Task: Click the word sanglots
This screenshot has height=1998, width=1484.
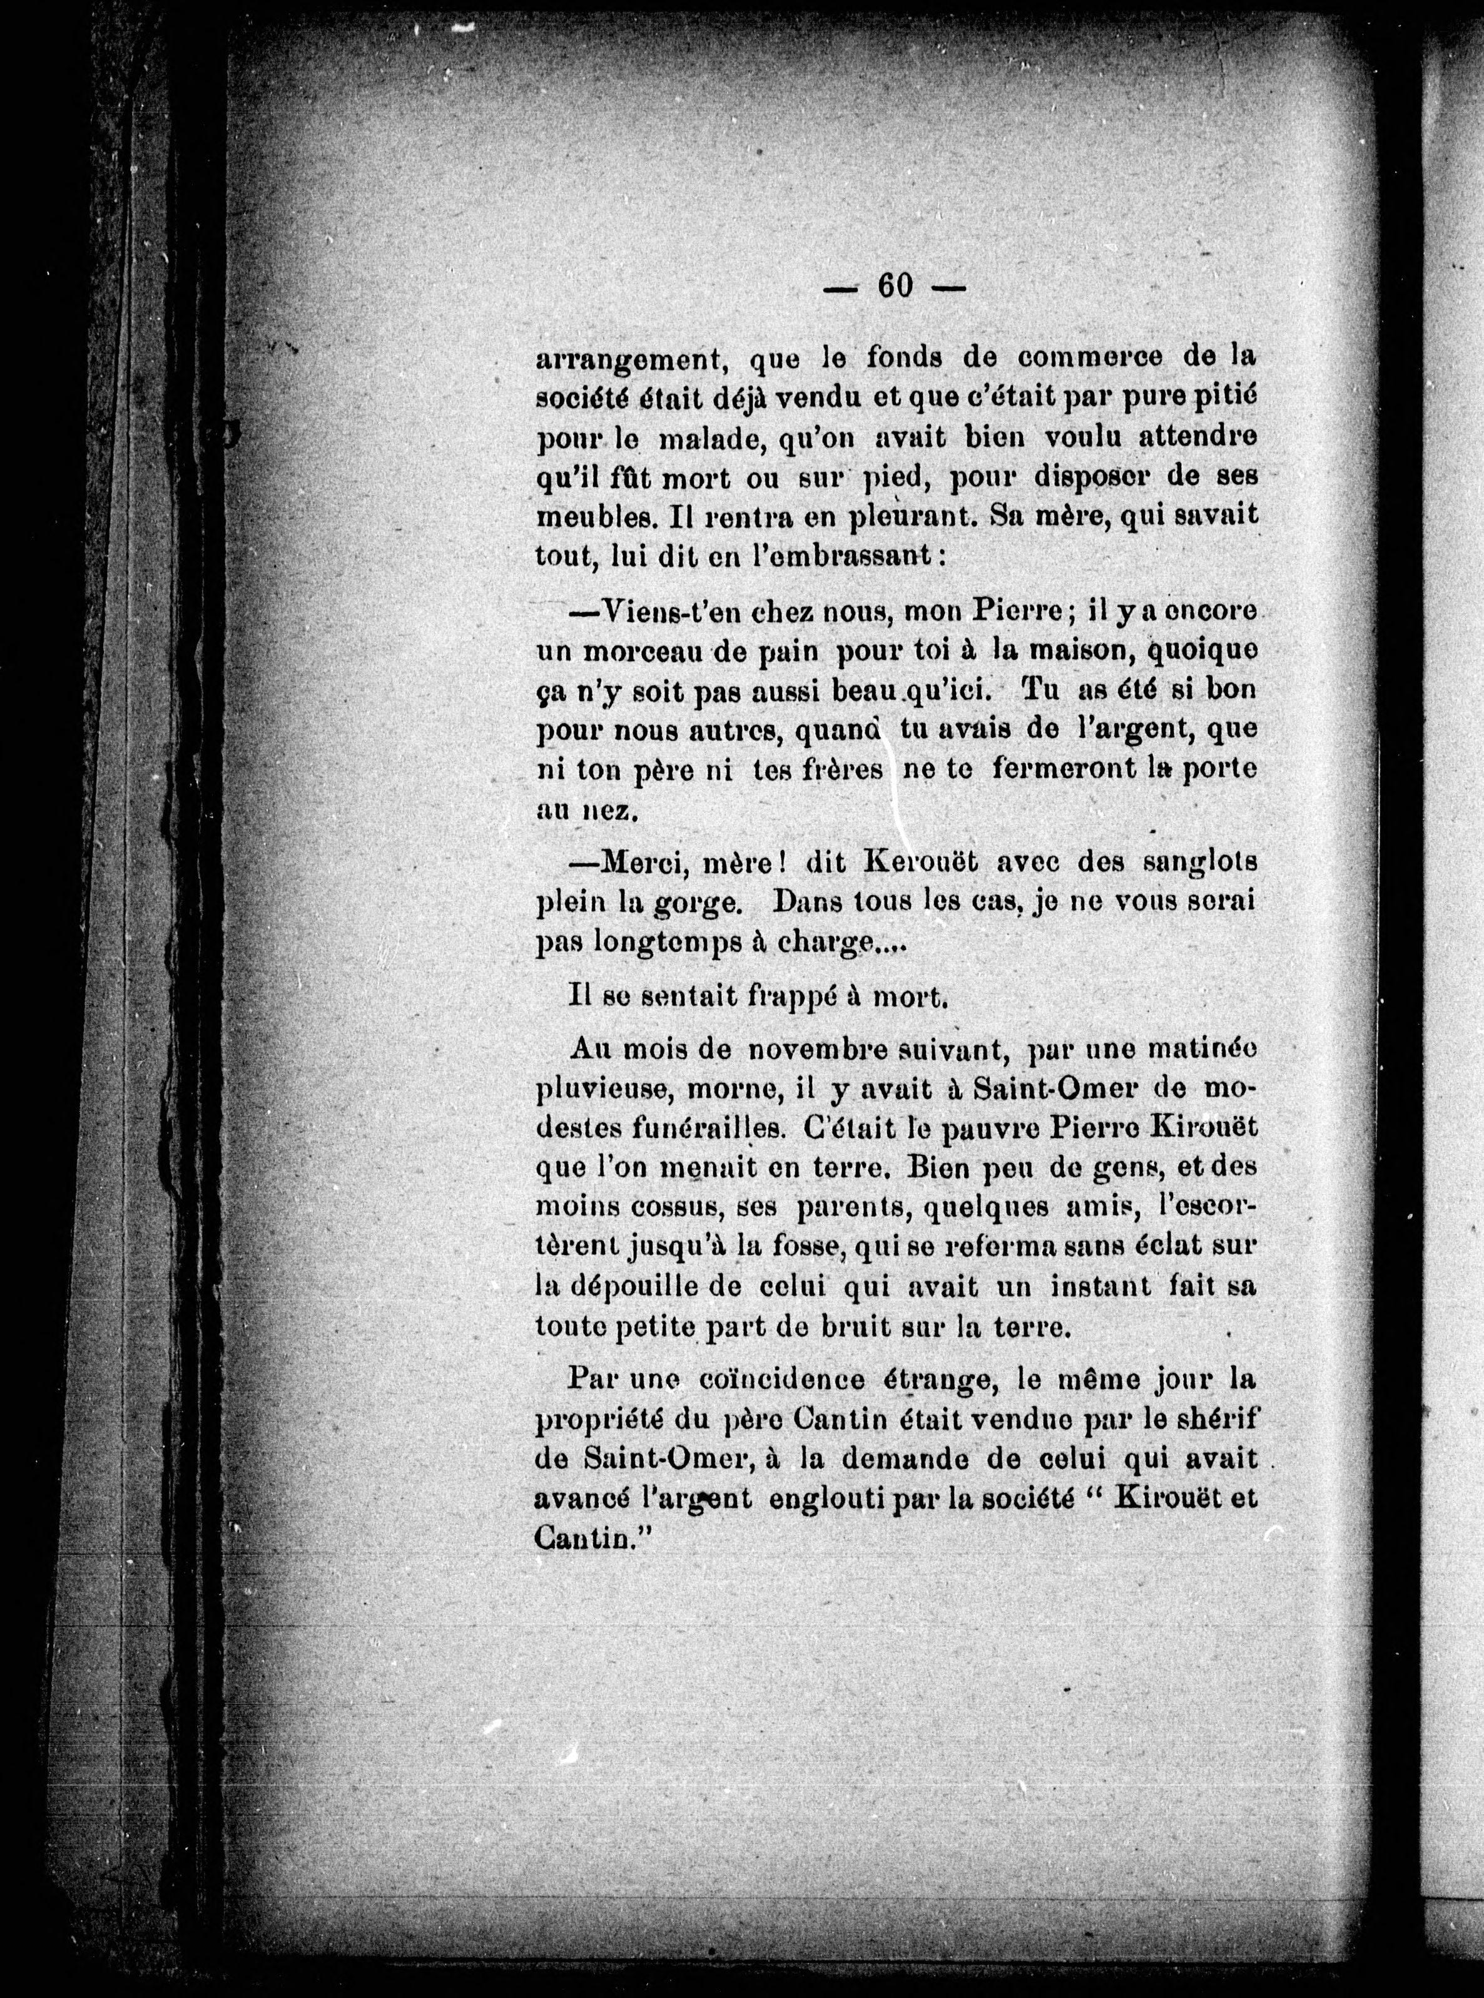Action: [1197, 862]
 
